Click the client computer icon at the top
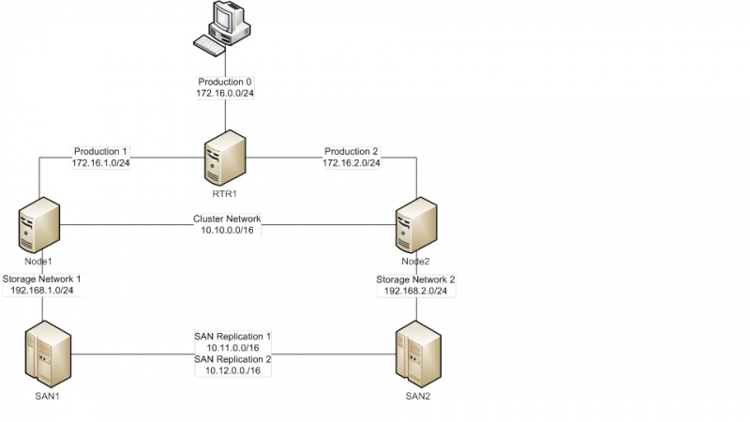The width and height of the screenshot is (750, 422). pos(230,21)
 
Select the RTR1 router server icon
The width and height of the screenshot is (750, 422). pos(225,158)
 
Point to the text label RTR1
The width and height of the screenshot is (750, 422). pos(225,194)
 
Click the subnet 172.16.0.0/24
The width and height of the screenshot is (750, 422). pos(225,95)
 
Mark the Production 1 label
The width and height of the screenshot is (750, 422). pos(100,151)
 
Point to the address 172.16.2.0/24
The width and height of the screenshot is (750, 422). pos(352,163)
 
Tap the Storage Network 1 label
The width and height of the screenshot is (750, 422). pos(42,279)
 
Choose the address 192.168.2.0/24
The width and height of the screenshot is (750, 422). pos(416,292)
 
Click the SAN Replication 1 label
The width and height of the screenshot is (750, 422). pos(232,336)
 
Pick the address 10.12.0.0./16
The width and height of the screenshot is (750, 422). pos(232,370)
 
